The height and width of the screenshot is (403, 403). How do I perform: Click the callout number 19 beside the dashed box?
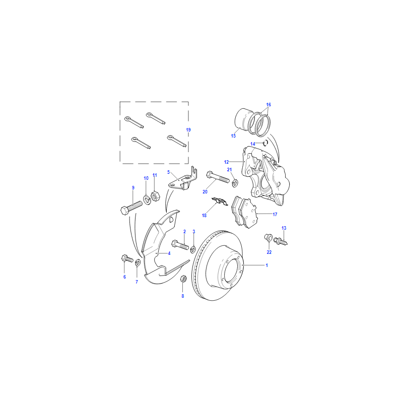coord(188,130)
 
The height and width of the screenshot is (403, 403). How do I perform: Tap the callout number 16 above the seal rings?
coord(268,105)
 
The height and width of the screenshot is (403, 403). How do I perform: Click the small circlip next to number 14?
coord(265,143)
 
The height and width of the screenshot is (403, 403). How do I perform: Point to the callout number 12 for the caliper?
coord(226,162)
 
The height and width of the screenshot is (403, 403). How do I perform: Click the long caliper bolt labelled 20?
coord(218,177)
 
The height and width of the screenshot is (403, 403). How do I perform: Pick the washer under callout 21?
coord(235,183)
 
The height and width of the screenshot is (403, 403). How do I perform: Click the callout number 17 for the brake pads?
coord(275,215)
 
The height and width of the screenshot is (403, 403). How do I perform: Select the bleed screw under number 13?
coord(281,241)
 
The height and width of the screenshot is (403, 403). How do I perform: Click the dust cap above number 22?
coord(268,237)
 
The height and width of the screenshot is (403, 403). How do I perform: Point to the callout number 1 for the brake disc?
coord(267,265)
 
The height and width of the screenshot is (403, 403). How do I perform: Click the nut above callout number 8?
coord(183,279)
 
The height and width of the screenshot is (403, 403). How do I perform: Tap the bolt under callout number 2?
coord(180,244)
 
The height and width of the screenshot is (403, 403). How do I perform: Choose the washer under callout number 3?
coord(193,249)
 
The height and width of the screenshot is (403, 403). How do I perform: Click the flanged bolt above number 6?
coord(127,258)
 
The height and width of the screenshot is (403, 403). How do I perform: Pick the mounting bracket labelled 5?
coord(183,179)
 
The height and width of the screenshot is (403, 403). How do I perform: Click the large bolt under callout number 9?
coord(131,208)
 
